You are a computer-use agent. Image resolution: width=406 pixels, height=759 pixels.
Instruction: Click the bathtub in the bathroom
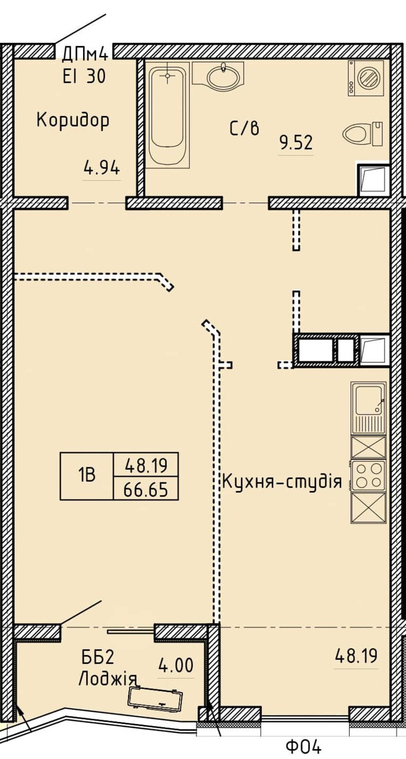pyautogui.click(x=168, y=115)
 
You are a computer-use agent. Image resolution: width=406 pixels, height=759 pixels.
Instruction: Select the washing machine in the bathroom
pyautogui.click(x=366, y=78)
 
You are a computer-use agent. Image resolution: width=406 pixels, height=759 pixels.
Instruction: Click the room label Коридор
pyautogui.click(x=73, y=120)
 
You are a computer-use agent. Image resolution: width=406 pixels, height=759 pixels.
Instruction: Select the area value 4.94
pyautogui.click(x=101, y=168)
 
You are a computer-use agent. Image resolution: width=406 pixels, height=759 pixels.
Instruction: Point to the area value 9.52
pyautogui.click(x=295, y=142)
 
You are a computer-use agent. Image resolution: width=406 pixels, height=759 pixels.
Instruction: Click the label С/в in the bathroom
pyautogui.click(x=245, y=128)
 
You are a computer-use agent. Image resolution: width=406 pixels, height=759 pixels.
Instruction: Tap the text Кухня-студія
pyautogui.click(x=282, y=482)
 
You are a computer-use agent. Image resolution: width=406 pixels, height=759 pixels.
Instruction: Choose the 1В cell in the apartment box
pyautogui.click(x=87, y=476)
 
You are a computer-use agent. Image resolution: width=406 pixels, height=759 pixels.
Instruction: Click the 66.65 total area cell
pyautogui.click(x=146, y=489)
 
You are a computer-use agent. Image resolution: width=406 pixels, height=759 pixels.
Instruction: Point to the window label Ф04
pyautogui.click(x=303, y=746)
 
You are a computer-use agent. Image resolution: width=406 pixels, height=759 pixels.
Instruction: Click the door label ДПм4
pyautogui.click(x=85, y=54)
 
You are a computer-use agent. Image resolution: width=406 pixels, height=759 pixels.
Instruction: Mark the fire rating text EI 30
pyautogui.click(x=84, y=76)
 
